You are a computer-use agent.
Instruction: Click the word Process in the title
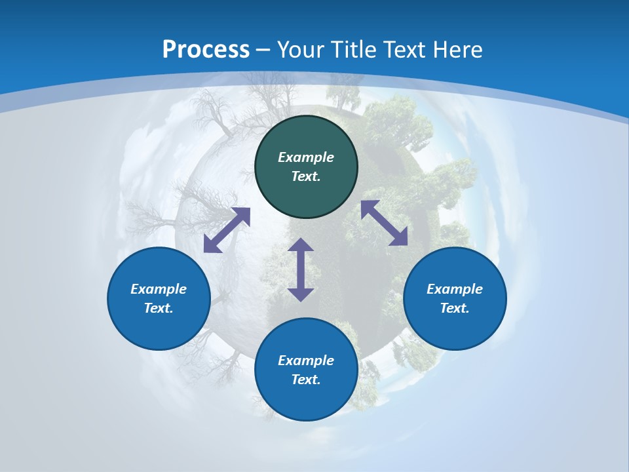pos(206,50)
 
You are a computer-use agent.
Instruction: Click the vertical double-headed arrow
pos(301,269)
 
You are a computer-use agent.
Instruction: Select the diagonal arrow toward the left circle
pos(227,230)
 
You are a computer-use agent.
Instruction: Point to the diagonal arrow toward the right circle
pos(385,223)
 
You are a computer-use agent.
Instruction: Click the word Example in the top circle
pos(306,157)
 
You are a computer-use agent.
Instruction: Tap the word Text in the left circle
pos(158,308)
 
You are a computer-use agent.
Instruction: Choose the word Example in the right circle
pos(455,289)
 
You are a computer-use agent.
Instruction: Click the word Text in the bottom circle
pos(305,380)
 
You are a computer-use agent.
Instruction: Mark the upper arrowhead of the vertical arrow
pos(301,245)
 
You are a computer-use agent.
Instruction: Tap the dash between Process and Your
pos(263,50)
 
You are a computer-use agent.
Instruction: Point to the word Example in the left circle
pos(159,289)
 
